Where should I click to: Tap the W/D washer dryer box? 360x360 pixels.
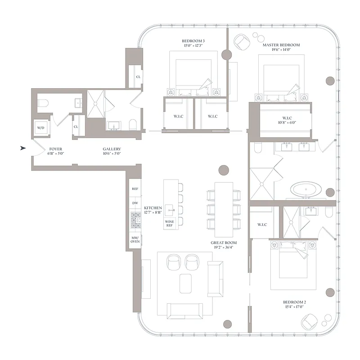[x=40, y=128]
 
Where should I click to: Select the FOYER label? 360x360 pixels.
[x=55, y=149]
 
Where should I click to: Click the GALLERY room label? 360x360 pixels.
[x=112, y=149]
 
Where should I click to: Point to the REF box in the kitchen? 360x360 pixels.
[x=135, y=189]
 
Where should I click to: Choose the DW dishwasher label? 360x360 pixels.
[x=135, y=203]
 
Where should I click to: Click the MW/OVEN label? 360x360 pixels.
[x=135, y=239]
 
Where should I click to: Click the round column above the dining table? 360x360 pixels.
[x=224, y=170]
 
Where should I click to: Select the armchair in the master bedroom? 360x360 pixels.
[x=242, y=42]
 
